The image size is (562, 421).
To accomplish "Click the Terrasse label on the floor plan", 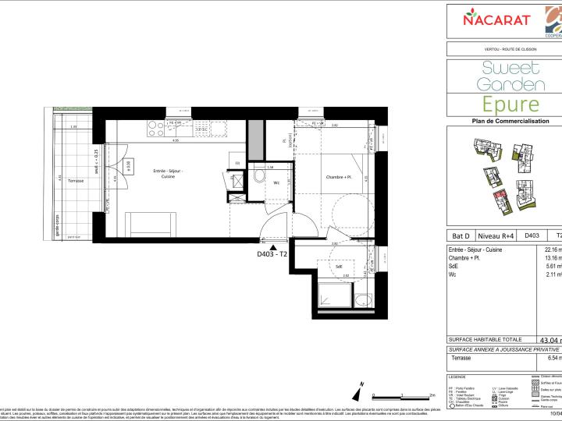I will tap(76, 179).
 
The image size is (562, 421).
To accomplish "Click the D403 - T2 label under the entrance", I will tap(273, 254).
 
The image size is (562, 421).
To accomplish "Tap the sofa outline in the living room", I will tap(152, 225).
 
